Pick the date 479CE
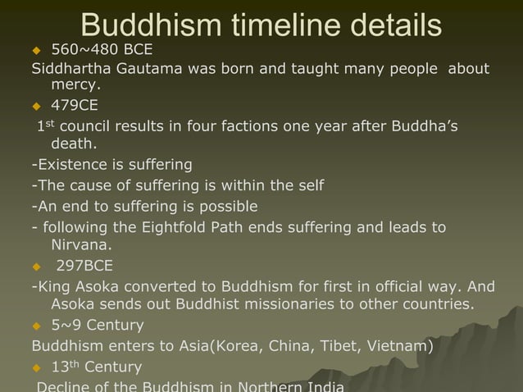click(75, 106)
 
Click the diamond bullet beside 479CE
click(36, 106)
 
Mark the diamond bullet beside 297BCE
click(36, 266)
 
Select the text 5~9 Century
click(98, 326)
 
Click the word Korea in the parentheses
click(238, 345)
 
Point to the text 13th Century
click(96, 367)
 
